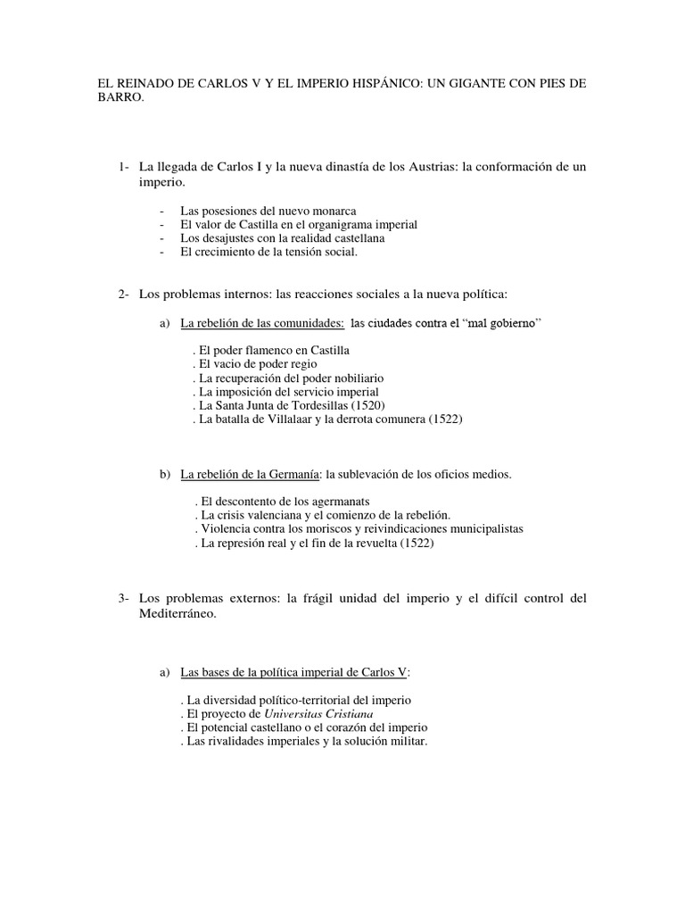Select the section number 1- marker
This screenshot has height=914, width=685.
pyautogui.click(x=123, y=167)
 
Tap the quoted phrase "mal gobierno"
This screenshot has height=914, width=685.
pyautogui.click(x=499, y=322)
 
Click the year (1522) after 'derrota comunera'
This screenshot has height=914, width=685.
pyautogui.click(x=443, y=420)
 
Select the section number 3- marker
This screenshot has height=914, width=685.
pyautogui.click(x=123, y=598)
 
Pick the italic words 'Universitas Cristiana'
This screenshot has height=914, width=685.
pyautogui.click(x=317, y=714)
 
